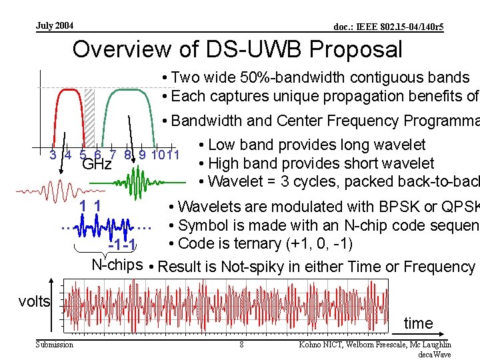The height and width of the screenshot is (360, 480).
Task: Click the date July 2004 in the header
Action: (55, 26)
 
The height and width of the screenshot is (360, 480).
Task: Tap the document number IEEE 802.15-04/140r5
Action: (389, 27)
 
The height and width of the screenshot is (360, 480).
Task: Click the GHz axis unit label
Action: (96, 164)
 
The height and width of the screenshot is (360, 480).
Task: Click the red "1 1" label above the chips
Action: (90, 207)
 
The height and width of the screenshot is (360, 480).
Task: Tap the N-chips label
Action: (117, 264)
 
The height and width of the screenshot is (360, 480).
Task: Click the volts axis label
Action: (34, 301)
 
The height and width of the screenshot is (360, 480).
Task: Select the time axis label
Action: (418, 323)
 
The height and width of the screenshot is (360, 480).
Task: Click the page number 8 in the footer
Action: (241, 345)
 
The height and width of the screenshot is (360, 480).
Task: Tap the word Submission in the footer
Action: (55, 345)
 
